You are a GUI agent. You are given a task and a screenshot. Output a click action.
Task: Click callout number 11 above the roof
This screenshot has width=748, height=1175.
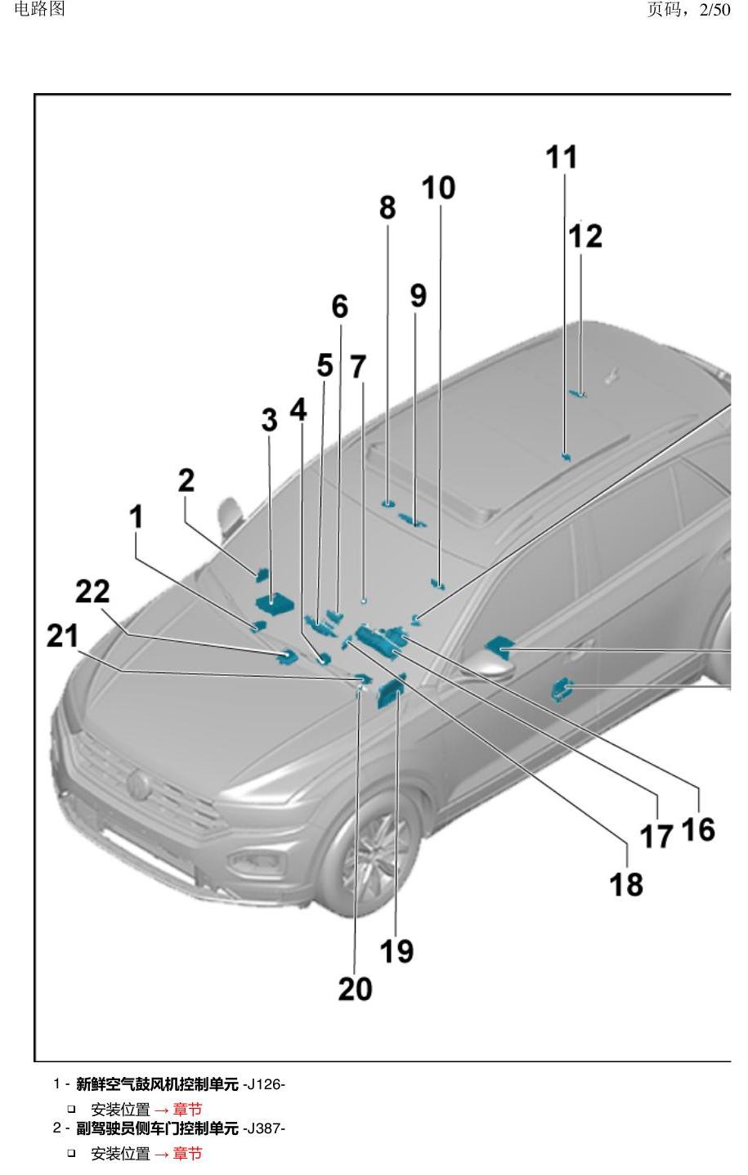pyautogui.click(x=561, y=158)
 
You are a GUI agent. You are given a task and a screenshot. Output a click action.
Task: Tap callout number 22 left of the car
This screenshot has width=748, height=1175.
pyautogui.click(x=93, y=591)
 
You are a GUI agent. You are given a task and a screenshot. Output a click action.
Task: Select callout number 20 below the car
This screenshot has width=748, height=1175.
pyautogui.click(x=356, y=990)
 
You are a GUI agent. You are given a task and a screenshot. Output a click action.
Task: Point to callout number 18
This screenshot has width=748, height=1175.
pyautogui.click(x=625, y=884)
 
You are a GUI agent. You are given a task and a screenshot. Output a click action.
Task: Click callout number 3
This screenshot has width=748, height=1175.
pyautogui.click(x=269, y=420)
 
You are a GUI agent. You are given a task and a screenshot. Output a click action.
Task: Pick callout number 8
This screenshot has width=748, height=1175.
pyautogui.click(x=387, y=208)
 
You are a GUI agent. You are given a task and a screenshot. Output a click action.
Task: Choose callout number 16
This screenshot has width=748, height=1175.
pyautogui.click(x=698, y=829)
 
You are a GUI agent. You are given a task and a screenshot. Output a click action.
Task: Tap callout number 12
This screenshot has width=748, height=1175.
pyautogui.click(x=585, y=236)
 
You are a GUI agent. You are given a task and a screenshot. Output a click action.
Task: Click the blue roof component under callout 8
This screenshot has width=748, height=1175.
pyautogui.click(x=388, y=504)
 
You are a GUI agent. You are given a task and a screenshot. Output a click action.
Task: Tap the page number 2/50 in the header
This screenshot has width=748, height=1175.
pyautogui.click(x=714, y=10)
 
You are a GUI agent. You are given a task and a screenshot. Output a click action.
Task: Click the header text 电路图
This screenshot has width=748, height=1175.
pyautogui.click(x=40, y=9)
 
